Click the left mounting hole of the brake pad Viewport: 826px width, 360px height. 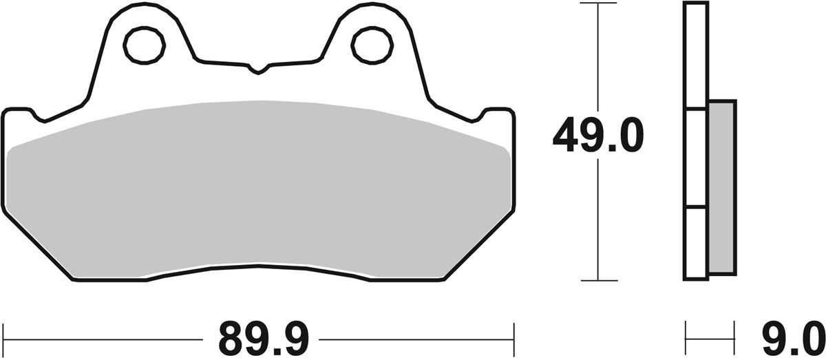(x=144, y=45)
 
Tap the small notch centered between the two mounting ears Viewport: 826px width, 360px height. (x=258, y=69)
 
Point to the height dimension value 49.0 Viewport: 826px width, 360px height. (x=597, y=136)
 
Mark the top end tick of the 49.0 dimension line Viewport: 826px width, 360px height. (x=597, y=3)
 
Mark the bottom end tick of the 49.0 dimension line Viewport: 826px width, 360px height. (x=597, y=281)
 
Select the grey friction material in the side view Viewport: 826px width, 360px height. (x=721, y=186)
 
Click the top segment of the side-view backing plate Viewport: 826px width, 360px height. (x=696, y=55)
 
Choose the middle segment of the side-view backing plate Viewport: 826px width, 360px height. (x=696, y=158)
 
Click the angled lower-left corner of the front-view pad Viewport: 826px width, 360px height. (x=38, y=244)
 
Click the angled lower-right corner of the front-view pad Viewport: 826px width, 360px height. (x=478, y=244)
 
